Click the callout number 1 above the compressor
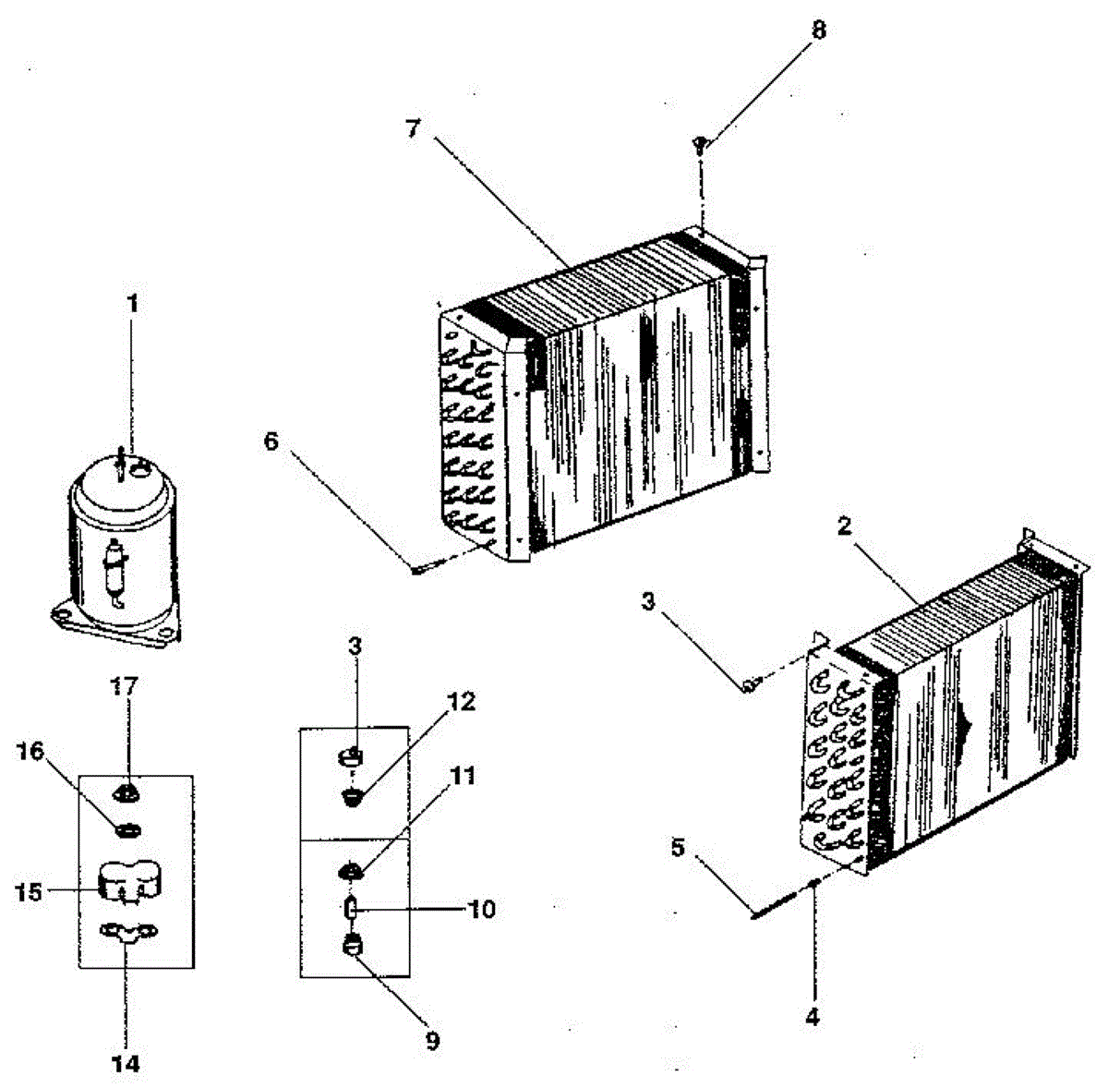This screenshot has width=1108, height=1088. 134,305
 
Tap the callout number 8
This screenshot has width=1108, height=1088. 818,30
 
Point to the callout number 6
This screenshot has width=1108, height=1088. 271,441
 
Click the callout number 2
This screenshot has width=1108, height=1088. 844,526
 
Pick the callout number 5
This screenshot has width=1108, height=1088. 679,848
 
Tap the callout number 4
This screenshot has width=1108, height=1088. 812,1018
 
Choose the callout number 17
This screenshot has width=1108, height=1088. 126,686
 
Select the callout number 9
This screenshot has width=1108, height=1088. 432,1041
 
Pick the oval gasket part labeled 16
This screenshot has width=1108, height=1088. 127,830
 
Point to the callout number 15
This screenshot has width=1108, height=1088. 30,892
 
